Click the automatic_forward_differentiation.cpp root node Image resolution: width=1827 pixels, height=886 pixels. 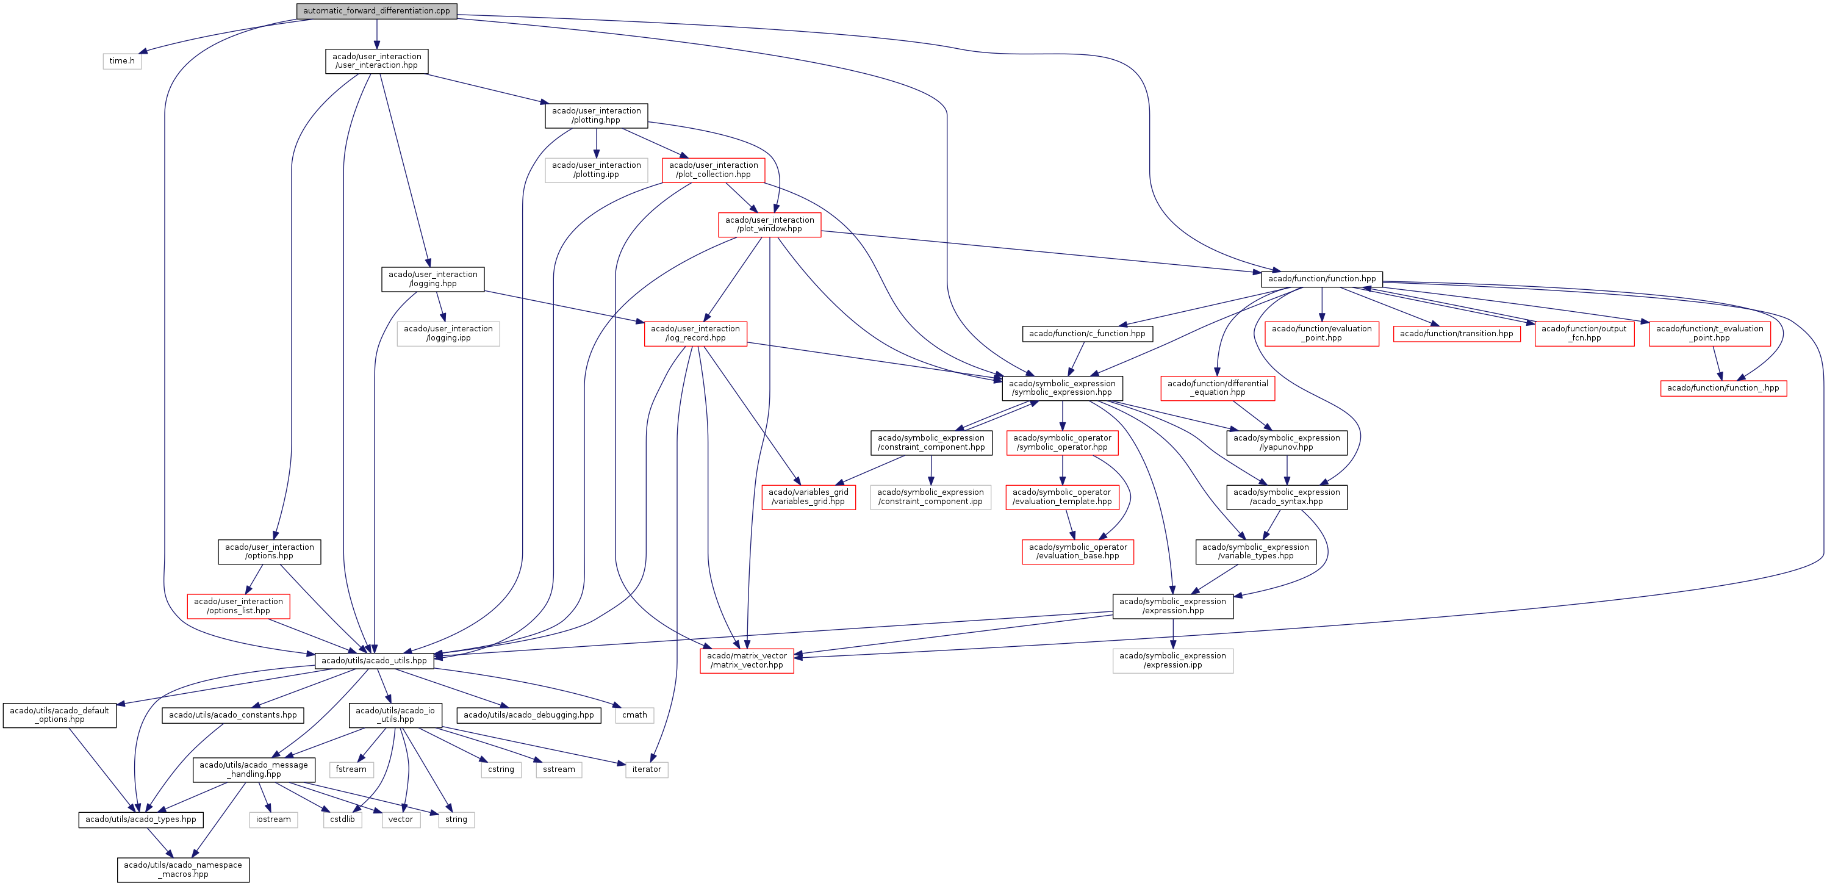(376, 10)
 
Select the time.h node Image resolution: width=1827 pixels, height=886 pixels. (122, 61)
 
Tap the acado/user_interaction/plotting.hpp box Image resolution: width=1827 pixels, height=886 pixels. (596, 115)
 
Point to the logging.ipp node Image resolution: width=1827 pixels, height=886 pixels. (448, 333)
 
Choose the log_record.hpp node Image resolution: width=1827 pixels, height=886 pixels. (695, 333)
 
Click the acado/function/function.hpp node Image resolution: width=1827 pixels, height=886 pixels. (1321, 279)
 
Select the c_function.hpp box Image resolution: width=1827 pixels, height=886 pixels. (1086, 333)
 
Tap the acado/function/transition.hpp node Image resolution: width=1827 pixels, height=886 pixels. (1456, 333)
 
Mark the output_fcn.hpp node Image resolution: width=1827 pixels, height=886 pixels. (1584, 333)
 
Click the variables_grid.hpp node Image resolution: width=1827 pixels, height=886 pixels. (808, 497)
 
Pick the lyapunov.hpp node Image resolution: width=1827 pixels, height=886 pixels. (1287, 442)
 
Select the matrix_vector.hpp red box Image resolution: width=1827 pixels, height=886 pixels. (746, 660)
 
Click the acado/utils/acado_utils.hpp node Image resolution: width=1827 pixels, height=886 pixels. (374, 660)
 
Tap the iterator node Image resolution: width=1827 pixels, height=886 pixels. (646, 769)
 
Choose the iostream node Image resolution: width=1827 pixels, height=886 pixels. (273, 819)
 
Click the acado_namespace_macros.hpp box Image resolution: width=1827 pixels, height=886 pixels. (183, 870)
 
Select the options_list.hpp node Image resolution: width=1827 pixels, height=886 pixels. (239, 606)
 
